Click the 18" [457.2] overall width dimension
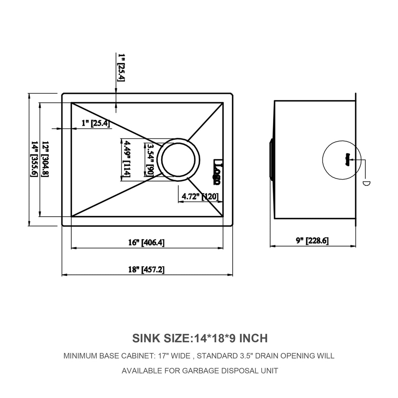tap(147, 269)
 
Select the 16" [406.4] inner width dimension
tap(147, 243)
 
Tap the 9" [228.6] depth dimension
tap(312, 241)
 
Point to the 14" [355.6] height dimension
tap(34, 159)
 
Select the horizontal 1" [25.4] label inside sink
tap(95, 123)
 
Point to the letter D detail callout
tap(366, 183)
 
